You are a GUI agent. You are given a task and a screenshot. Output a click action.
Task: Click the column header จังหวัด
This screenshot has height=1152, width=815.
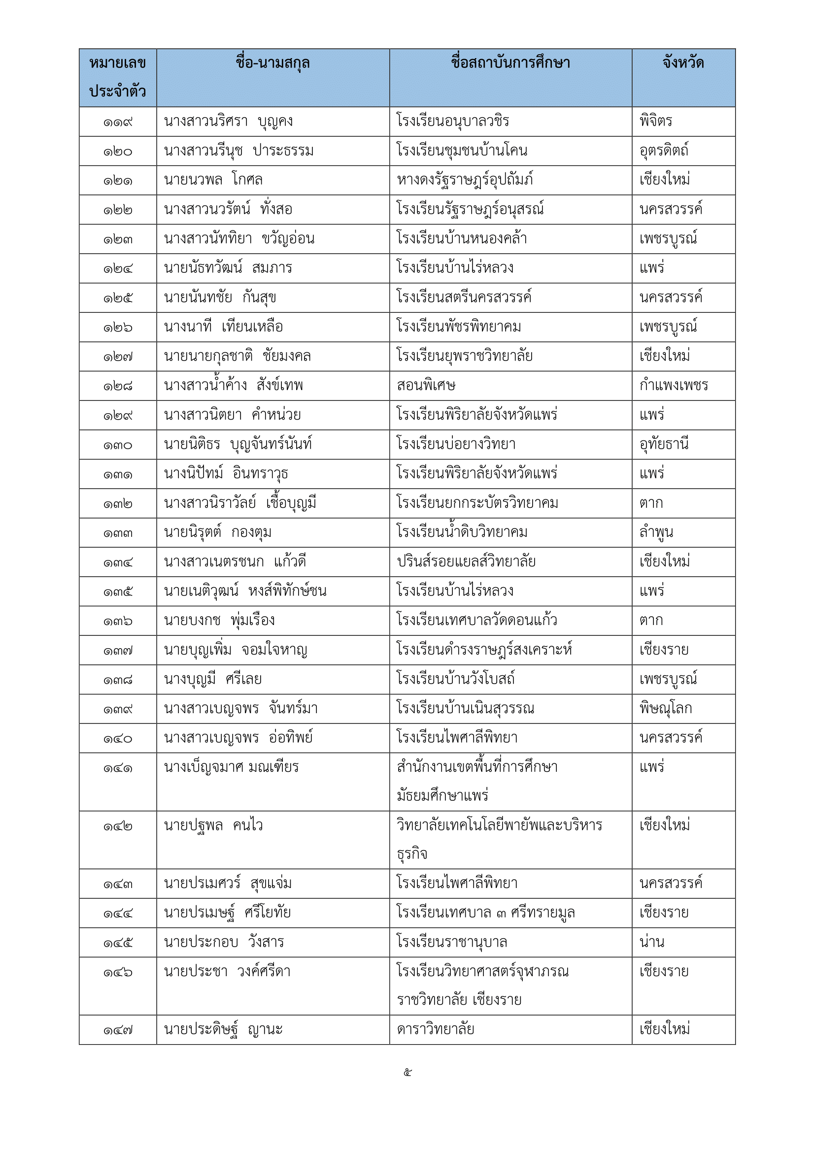(x=683, y=63)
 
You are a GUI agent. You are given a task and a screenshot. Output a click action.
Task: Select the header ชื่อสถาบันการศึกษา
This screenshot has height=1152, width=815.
(x=510, y=63)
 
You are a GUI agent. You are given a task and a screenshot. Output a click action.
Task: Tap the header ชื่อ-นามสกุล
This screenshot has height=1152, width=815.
(x=272, y=63)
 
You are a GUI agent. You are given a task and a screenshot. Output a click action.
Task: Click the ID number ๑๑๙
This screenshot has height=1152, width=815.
(x=118, y=122)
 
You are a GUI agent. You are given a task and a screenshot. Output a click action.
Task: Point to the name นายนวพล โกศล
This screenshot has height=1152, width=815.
(x=213, y=180)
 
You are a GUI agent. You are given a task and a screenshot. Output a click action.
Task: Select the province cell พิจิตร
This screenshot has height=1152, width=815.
(x=655, y=122)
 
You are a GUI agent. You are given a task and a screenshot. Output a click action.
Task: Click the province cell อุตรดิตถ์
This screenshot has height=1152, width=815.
(x=663, y=151)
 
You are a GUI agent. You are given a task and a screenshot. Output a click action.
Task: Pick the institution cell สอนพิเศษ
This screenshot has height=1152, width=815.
(x=426, y=386)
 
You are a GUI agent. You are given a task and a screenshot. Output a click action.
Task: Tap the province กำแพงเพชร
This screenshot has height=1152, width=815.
(x=674, y=385)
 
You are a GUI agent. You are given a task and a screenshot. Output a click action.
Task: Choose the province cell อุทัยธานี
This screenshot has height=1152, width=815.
(x=663, y=444)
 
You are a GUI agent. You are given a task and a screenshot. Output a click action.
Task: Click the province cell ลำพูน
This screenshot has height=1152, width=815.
(x=656, y=532)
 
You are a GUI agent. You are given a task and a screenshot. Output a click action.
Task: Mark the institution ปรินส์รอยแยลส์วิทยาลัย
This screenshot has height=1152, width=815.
(x=466, y=561)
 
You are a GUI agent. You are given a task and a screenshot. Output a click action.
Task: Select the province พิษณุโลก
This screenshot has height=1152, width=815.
(x=665, y=708)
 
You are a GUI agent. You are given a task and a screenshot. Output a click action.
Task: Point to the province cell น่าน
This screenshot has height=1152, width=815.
(x=652, y=943)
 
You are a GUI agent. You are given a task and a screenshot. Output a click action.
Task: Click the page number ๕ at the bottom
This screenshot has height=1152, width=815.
(x=407, y=1073)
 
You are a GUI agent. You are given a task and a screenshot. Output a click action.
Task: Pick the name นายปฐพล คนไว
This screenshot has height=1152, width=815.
(x=213, y=825)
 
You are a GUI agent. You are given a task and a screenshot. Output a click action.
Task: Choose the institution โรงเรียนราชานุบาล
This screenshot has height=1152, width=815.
(x=452, y=943)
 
